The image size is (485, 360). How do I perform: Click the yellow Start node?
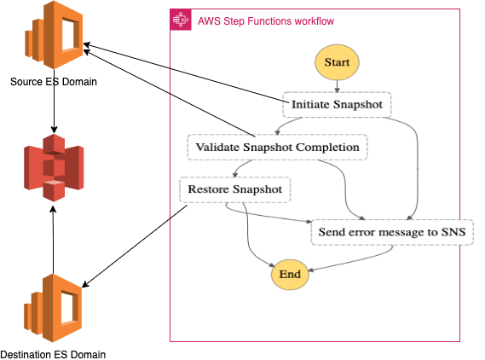point(337,62)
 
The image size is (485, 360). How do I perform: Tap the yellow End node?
point(290,275)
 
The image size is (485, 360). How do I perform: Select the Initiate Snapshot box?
point(337,105)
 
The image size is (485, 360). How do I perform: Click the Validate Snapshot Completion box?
point(278,148)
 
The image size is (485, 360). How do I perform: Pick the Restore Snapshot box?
point(235,189)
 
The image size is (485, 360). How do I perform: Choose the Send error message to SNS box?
point(392,232)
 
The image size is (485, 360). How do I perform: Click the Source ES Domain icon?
point(54,35)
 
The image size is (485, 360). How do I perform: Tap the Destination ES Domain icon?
point(53,308)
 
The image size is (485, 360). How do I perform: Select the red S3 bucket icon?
point(54,168)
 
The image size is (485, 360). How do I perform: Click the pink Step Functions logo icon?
point(181,20)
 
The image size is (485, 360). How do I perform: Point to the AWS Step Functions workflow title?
point(266,21)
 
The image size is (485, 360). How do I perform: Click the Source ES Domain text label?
point(54,82)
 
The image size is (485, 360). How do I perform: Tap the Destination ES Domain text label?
point(53,354)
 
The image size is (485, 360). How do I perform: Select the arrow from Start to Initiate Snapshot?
point(338,86)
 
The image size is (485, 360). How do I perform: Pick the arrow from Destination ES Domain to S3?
point(53,241)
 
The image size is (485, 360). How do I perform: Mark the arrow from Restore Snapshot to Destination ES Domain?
point(135,246)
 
